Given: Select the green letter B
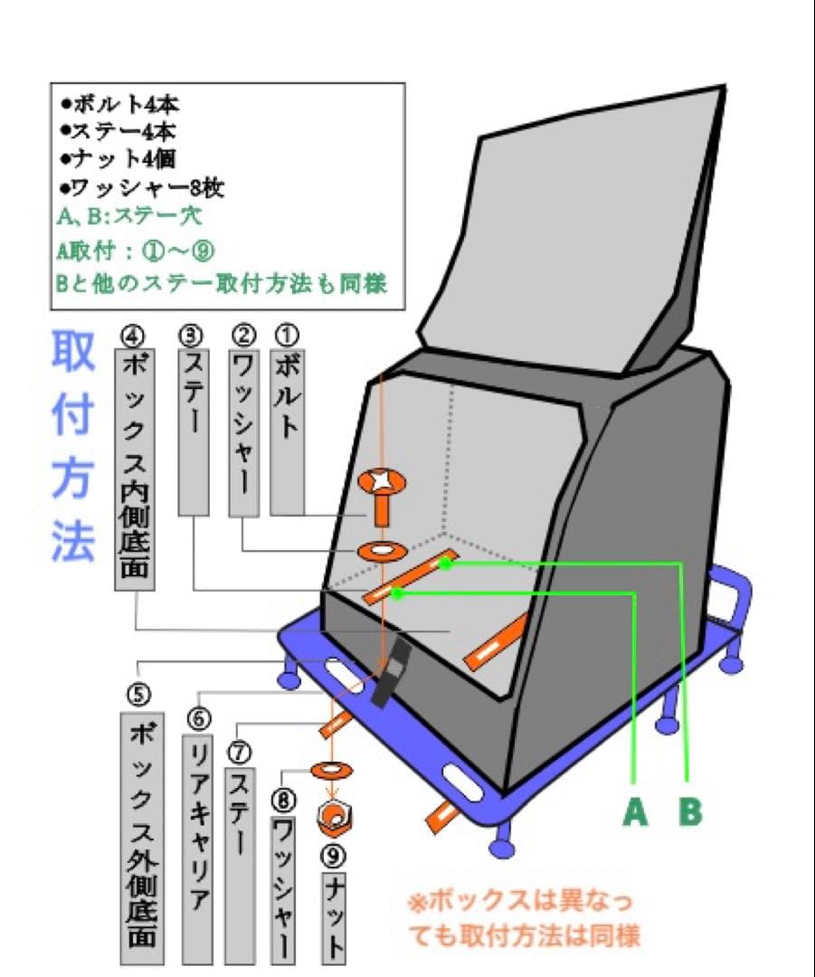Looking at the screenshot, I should click(x=690, y=812).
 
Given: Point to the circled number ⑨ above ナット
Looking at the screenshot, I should click(x=334, y=854).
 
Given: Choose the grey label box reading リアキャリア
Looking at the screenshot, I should click(x=198, y=848).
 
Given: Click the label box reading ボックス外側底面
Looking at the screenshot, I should click(x=139, y=836).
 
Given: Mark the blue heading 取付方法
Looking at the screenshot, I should click(x=71, y=449).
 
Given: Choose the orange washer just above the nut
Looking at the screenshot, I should click(x=331, y=770).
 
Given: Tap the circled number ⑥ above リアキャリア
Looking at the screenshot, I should click(x=198, y=718).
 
